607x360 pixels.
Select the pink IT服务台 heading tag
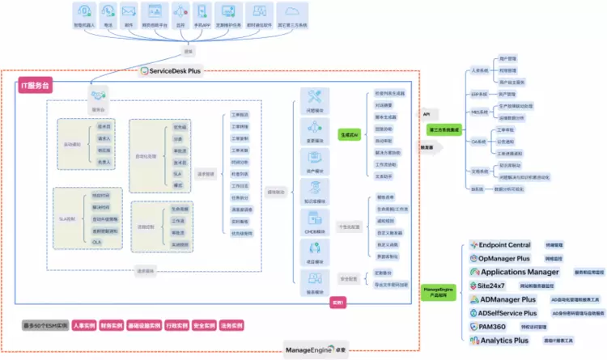pos(36,85)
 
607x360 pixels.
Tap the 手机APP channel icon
pos(202,14)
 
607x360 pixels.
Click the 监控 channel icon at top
pos(177,14)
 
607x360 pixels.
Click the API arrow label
pos(427,114)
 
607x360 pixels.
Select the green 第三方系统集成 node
pos(444,128)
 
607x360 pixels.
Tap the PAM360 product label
pos(490,326)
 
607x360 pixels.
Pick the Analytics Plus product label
pos(503,341)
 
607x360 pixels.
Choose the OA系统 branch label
pos(479,142)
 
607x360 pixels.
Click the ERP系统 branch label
pos(479,94)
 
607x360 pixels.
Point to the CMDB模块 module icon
pos(316,218)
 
